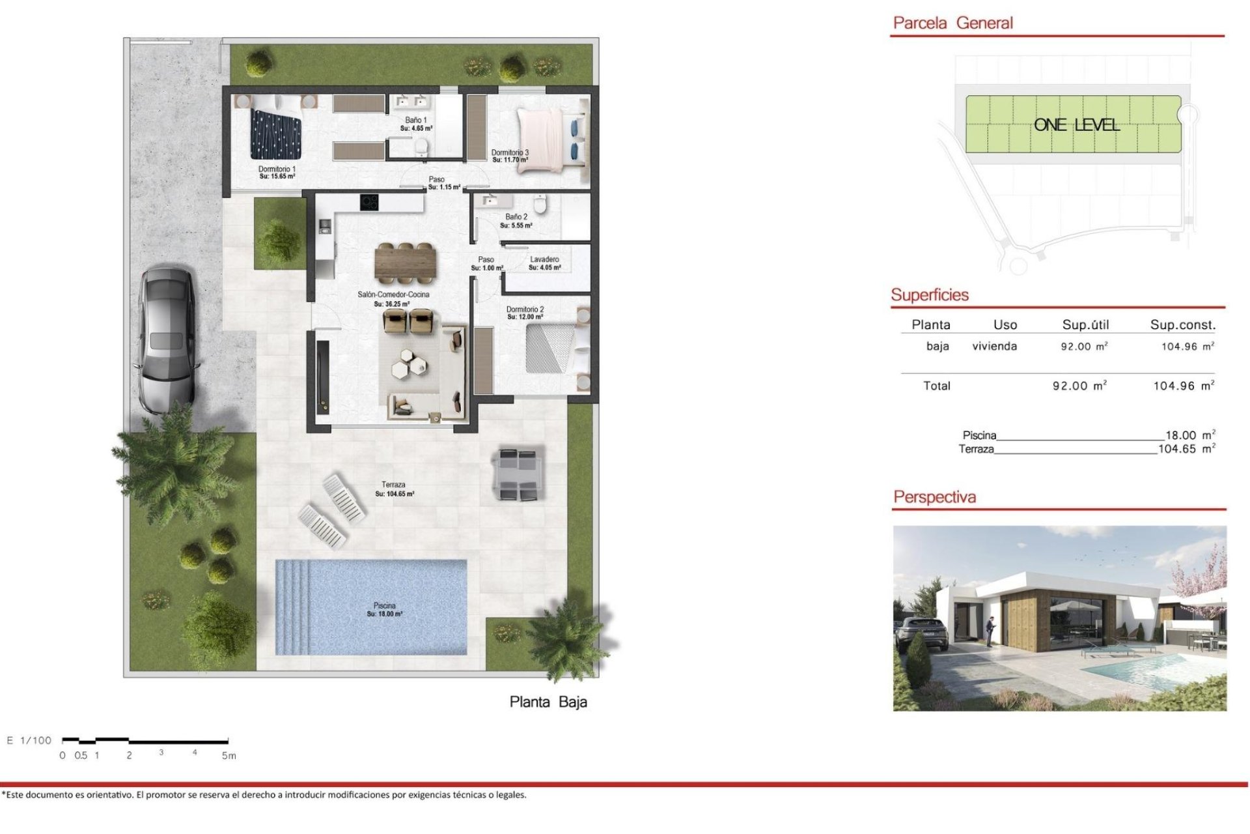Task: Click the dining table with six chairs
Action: (x=404, y=263)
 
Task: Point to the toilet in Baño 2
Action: (x=539, y=203)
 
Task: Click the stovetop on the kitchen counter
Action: (x=369, y=203)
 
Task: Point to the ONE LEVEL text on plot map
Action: (x=1076, y=125)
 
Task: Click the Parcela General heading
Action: (x=952, y=23)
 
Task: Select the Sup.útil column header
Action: (x=1085, y=324)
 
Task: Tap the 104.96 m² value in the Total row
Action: (x=1183, y=386)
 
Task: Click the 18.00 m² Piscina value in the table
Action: (x=1189, y=435)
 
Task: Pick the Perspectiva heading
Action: (x=934, y=497)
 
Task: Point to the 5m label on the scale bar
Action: (x=229, y=756)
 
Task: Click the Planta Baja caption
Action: (x=548, y=702)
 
